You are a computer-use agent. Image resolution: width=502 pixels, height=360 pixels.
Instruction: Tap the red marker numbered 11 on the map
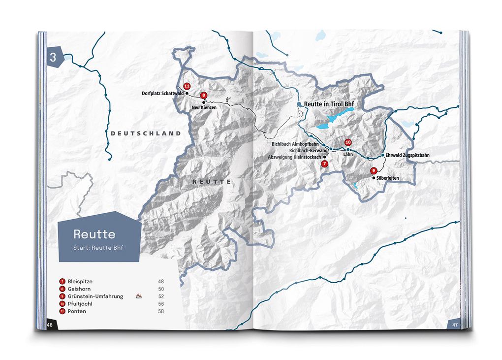click(x=187, y=86)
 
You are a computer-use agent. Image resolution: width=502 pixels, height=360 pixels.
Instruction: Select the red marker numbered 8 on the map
click(x=203, y=95)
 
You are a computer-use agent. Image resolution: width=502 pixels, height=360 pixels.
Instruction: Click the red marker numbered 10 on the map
click(x=348, y=142)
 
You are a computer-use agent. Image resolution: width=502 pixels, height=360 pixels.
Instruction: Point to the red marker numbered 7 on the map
click(x=324, y=164)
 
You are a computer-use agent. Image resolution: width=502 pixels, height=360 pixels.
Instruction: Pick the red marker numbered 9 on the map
click(x=373, y=171)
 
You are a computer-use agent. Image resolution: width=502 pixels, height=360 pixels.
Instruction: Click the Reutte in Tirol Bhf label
click(x=329, y=104)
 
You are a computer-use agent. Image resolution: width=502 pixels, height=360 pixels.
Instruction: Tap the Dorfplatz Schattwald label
click(x=162, y=93)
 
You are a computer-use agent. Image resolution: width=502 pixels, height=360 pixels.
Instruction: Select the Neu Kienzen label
click(x=204, y=107)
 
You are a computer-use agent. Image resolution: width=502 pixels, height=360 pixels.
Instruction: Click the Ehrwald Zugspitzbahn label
click(x=407, y=155)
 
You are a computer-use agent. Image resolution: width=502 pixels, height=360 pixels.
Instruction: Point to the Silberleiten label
click(x=387, y=178)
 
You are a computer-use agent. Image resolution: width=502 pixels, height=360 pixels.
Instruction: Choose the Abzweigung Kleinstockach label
click(x=294, y=157)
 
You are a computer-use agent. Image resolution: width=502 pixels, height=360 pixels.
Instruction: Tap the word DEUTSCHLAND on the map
click(x=146, y=133)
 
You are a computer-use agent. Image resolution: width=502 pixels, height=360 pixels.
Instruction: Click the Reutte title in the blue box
click(x=94, y=234)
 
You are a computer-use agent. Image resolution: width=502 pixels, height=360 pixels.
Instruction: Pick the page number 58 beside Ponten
click(x=161, y=311)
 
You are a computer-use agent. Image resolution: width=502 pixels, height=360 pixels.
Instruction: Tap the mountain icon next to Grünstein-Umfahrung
click(x=139, y=296)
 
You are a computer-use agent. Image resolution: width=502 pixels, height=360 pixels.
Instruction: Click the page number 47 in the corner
click(x=455, y=325)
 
